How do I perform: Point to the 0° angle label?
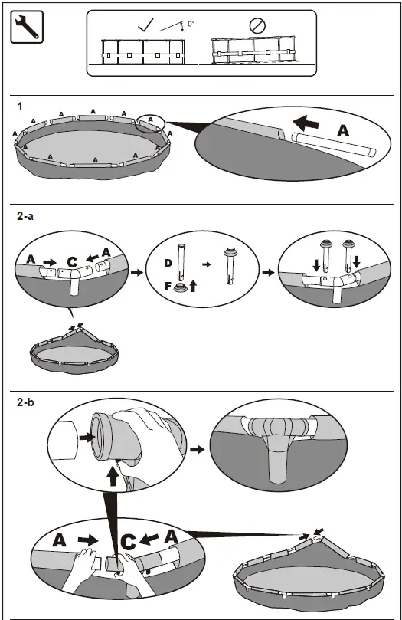tap(191, 24)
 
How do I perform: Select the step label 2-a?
tap(26, 218)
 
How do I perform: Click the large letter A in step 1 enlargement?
tap(342, 130)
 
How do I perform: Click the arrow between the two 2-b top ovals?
tap(197, 449)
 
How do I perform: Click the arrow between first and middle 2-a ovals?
tap(136, 271)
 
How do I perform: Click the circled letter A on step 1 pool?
tap(152, 120)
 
